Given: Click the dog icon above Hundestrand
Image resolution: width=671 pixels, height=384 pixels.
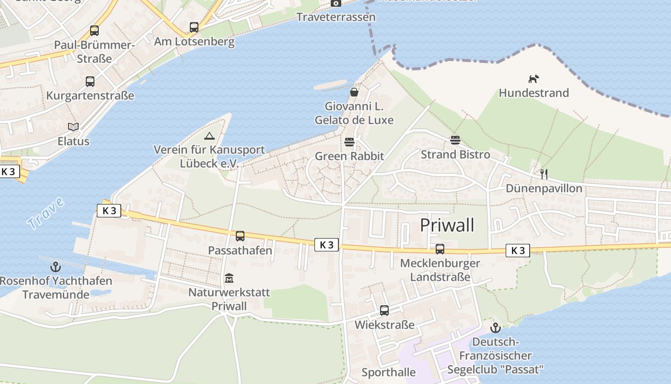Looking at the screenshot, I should [x=533, y=79].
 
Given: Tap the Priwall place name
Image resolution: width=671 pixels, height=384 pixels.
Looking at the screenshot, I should [x=447, y=225].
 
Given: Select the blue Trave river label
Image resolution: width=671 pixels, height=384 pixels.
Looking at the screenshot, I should [x=46, y=213].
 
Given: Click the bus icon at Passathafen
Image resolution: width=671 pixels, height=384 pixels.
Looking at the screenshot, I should [x=240, y=236].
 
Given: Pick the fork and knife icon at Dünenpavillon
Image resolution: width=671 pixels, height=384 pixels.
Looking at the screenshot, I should [x=544, y=174].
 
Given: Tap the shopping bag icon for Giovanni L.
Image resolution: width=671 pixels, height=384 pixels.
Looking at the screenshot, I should [x=354, y=92].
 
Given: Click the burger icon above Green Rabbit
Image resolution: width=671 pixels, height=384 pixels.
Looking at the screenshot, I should [x=349, y=142].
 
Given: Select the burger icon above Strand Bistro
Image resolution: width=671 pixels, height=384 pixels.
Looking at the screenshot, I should [x=455, y=140].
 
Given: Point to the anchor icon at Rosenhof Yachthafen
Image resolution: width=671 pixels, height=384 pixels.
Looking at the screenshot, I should [x=56, y=266].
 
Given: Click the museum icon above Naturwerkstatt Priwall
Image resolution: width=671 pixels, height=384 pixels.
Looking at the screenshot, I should [x=229, y=278].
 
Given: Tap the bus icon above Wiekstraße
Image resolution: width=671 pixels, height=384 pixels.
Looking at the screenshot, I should [x=384, y=311].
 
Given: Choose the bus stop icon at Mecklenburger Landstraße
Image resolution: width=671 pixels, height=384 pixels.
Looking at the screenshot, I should [x=440, y=249].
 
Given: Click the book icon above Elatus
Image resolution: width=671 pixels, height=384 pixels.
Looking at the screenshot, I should [x=73, y=127].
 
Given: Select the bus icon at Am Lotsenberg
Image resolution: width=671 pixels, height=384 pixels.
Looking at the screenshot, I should [x=194, y=27].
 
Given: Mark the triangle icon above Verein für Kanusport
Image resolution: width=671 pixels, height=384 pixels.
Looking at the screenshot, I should [x=209, y=136].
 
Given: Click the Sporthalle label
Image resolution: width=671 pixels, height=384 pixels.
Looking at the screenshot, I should [x=389, y=372].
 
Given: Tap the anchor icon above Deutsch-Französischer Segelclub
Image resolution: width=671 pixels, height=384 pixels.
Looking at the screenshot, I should [x=496, y=328].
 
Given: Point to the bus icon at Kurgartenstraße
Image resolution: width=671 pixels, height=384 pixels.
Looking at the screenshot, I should [x=90, y=82].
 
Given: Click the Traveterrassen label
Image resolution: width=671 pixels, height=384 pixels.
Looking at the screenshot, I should [x=336, y=17].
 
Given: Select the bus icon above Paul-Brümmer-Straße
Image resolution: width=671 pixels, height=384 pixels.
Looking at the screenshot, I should [x=94, y=31].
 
